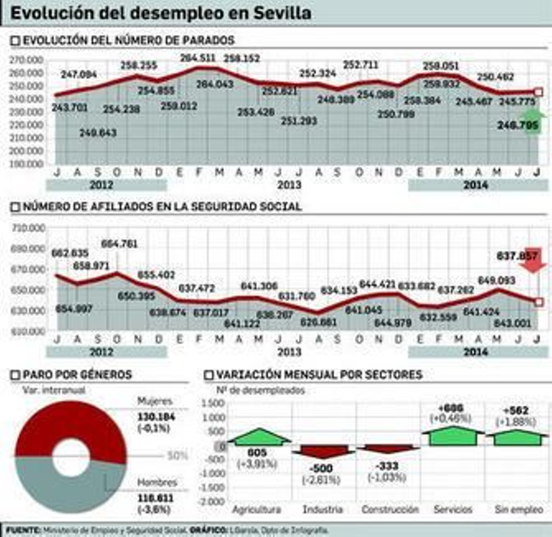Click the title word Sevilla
pyautogui.click(x=282, y=13)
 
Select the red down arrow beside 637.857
pyautogui.click(x=533, y=260)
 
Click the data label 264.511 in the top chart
pyautogui.click(x=198, y=58)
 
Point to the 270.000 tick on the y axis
pyautogui.click(x=26, y=60)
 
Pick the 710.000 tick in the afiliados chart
pyautogui.click(x=28, y=228)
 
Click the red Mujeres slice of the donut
pyautogui.click(x=71, y=425)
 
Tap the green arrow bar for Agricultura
pyautogui.click(x=259, y=437)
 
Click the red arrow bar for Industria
pyautogui.click(x=323, y=451)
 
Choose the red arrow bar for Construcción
pyautogui.click(x=388, y=448)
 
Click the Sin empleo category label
pyautogui.click(x=519, y=509)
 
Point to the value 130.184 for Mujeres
pyautogui.click(x=156, y=417)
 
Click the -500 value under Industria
pyautogui.click(x=321, y=468)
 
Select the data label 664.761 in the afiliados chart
pyautogui.click(x=119, y=244)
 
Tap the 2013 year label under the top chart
pyautogui.click(x=289, y=185)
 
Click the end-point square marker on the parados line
pyautogui.click(x=538, y=92)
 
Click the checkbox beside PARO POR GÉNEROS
pyautogui.click(x=16, y=375)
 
